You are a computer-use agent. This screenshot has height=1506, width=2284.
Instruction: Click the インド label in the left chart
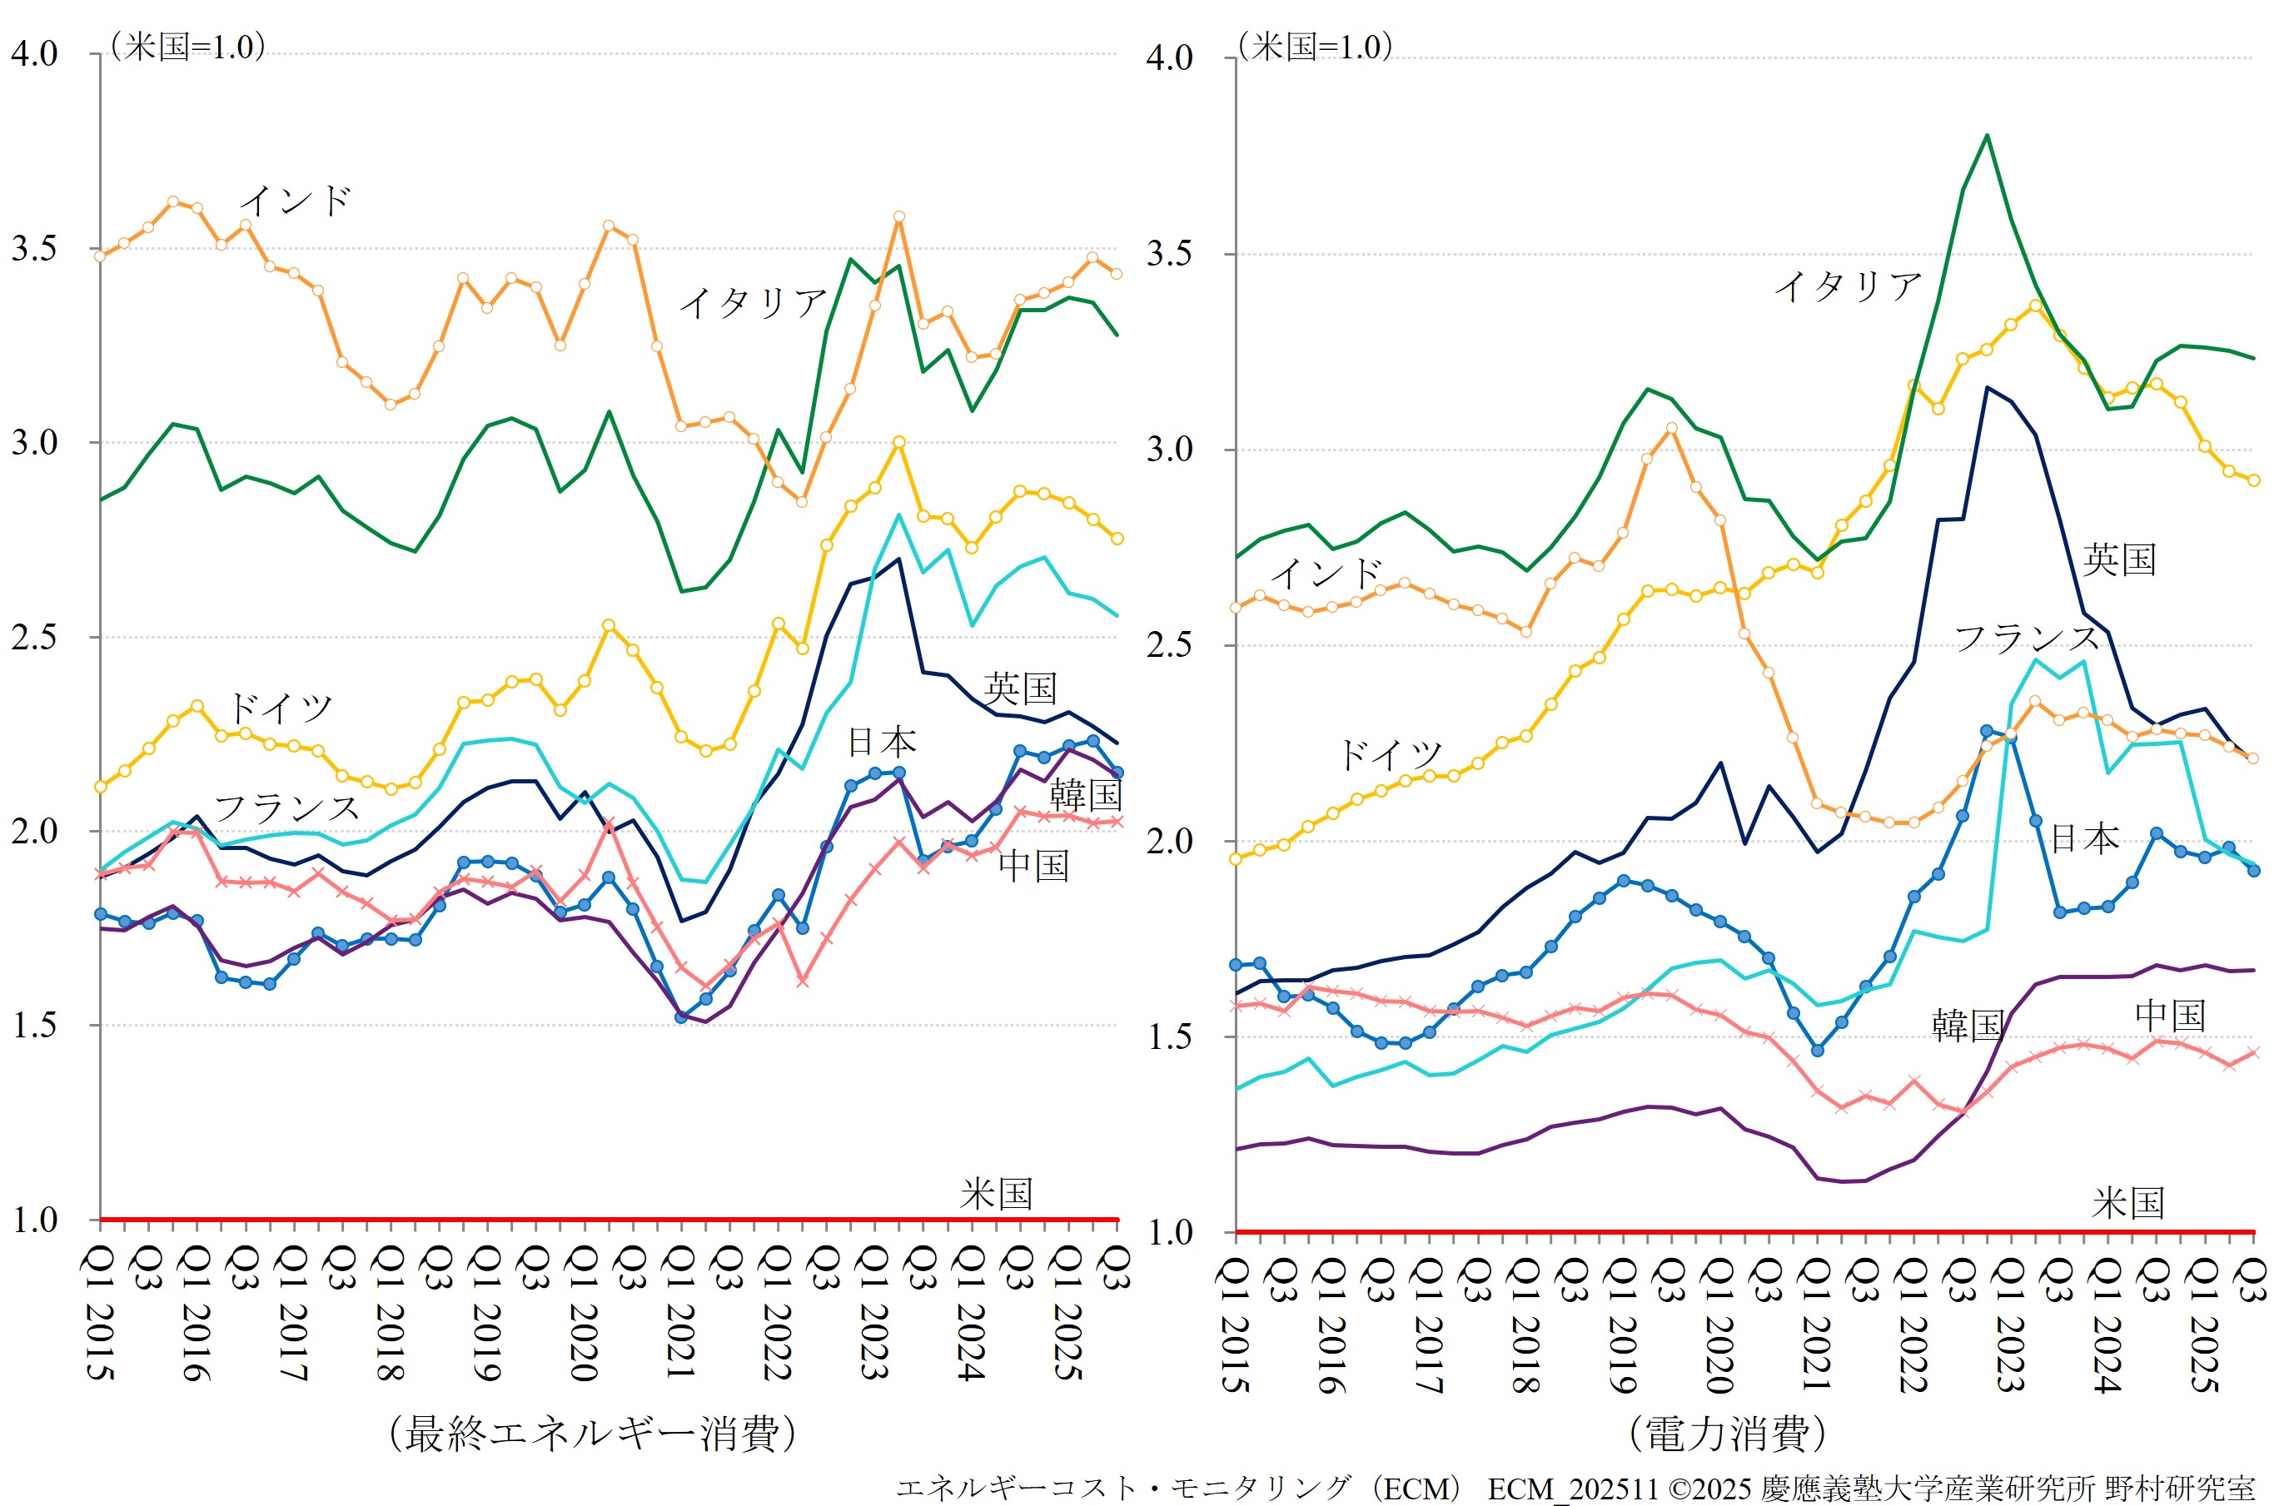coord(295,201)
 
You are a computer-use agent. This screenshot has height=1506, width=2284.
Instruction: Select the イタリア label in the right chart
coord(1847,286)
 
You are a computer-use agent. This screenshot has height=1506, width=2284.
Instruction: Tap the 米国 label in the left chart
coord(996,1194)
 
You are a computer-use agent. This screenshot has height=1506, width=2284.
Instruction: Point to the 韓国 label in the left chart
coord(1085,795)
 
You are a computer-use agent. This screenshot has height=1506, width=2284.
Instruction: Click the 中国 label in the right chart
coord(2170,1015)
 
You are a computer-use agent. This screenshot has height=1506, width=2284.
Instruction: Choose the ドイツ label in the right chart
coord(1390,755)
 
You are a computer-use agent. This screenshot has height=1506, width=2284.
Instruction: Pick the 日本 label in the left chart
coord(882,743)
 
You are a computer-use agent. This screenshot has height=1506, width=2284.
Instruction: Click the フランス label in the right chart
coord(2027,638)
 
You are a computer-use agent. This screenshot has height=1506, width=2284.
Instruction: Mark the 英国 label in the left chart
coord(1020,688)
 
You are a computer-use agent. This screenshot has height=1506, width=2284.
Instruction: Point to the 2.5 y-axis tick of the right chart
coord(1170,644)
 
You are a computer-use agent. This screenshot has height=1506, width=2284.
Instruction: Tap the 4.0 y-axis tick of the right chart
coord(1170,57)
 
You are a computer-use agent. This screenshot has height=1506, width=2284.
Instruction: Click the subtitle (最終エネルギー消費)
coord(593,1434)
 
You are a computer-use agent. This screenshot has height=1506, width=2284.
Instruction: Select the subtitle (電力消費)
coord(1728,1434)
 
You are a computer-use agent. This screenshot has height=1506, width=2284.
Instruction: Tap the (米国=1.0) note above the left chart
coord(187,46)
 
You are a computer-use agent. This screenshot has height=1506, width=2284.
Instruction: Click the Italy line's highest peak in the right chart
coord(1986,136)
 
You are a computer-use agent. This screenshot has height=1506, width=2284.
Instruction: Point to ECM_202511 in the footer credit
coord(1572,1489)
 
